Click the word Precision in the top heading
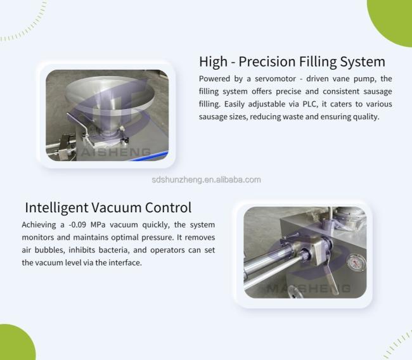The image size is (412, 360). pyautogui.click(x=267, y=61)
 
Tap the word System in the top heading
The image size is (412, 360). pyautogui.click(x=363, y=62)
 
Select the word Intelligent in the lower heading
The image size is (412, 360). pyautogui.click(x=56, y=208)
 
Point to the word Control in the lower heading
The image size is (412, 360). pyautogui.click(x=168, y=208)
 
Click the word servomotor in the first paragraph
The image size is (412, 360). pyautogui.click(x=275, y=79)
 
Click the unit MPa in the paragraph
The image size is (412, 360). pyautogui.click(x=98, y=225)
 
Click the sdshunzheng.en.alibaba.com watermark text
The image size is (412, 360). pyautogui.click(x=206, y=180)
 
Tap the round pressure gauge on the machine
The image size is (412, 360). pyautogui.click(x=356, y=262)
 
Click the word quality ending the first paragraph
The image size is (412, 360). pyautogui.click(x=366, y=117)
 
